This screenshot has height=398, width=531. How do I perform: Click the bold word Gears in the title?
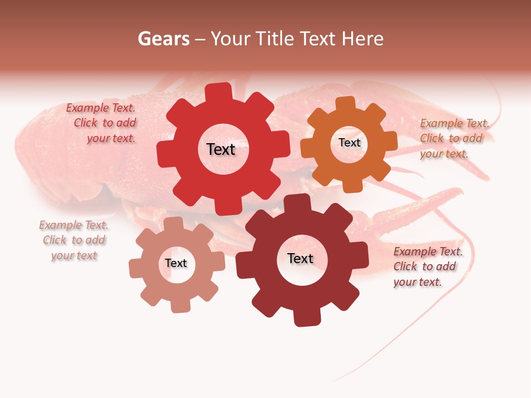(164, 39)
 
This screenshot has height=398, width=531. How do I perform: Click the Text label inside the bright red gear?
(221, 149)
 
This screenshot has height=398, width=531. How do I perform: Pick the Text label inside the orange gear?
(349, 143)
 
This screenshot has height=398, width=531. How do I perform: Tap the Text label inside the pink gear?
(176, 263)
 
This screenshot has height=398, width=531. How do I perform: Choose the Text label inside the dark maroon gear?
(300, 258)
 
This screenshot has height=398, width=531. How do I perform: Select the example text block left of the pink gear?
(74, 240)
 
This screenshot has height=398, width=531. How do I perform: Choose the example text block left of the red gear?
(102, 123)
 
